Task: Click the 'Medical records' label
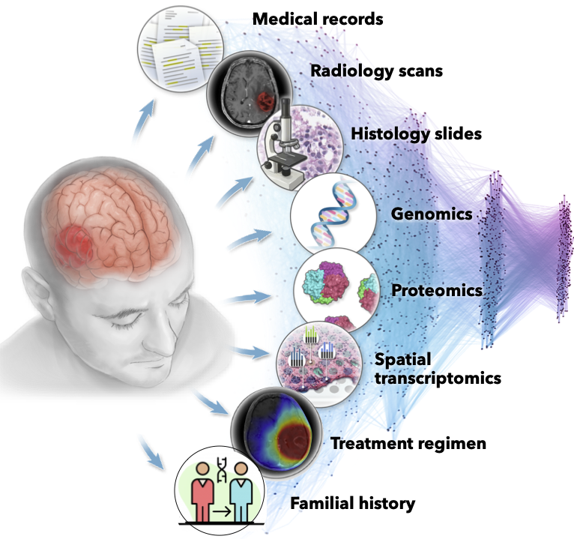[318, 19]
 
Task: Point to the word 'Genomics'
[432, 214]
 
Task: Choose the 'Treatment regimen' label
[408, 443]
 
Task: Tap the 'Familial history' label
[353, 502]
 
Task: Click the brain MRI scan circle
[247, 94]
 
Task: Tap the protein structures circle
[334, 289]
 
